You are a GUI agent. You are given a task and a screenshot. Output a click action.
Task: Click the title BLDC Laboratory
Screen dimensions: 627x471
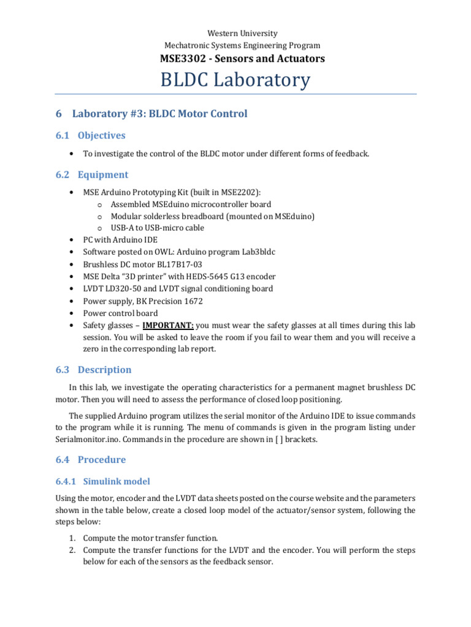(x=235, y=80)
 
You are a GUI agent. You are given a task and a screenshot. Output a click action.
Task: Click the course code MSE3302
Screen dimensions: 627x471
(x=180, y=59)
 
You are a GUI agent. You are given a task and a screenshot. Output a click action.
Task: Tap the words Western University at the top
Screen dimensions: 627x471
(x=235, y=34)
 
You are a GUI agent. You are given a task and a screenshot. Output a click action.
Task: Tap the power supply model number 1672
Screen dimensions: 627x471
(x=192, y=301)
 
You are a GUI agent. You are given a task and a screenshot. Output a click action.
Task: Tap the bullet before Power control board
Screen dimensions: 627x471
(x=72, y=313)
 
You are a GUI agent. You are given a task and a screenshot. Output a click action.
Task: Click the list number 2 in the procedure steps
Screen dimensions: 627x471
(x=72, y=550)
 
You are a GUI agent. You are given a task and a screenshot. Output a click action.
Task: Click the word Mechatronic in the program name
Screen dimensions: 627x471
(x=187, y=45)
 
